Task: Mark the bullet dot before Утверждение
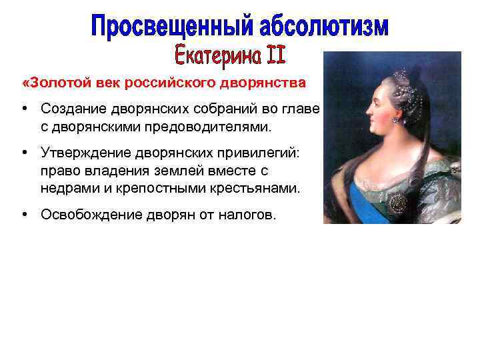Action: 23,154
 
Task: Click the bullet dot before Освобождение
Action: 23,215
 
